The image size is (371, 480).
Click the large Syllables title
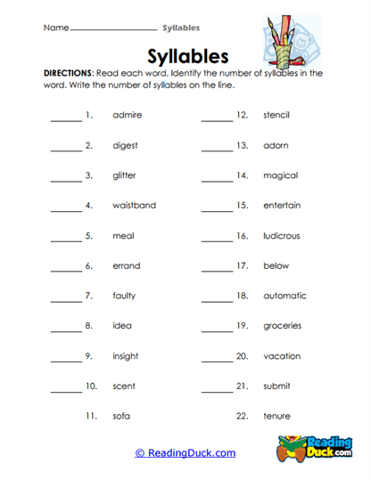185,55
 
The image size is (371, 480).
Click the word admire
128,116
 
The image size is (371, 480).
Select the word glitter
125,175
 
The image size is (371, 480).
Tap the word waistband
135,206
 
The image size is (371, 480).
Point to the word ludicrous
282,236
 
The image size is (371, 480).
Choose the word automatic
284,296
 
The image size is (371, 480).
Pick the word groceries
282,326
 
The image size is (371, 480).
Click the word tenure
276,416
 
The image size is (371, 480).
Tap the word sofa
122,416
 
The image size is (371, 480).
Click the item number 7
89,296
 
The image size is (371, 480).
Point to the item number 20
242,356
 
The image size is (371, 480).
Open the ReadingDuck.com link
185,453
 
